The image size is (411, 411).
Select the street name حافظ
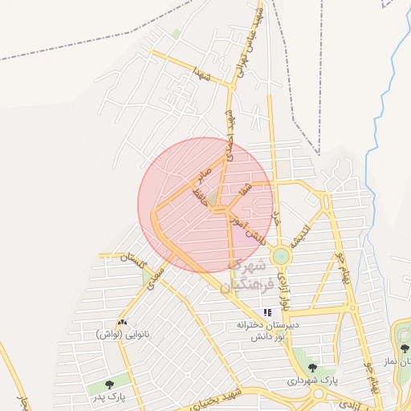(x=199, y=196)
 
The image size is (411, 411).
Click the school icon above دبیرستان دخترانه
(x=267, y=312)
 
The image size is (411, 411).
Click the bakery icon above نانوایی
(x=122, y=322)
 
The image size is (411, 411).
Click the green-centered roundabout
(x=281, y=256)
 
